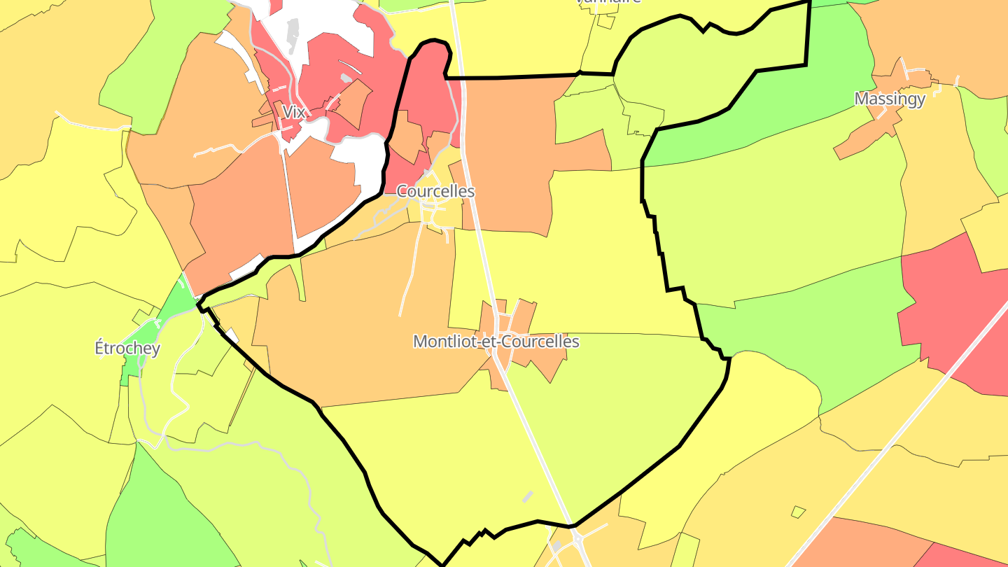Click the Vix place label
tap(295, 111)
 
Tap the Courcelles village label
tap(435, 191)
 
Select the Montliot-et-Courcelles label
tap(496, 342)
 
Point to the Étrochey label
tap(127, 348)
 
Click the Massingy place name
tap(890, 99)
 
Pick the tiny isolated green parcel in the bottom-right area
tap(798, 512)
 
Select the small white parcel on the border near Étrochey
tap(231, 335)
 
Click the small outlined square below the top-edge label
tap(605, 21)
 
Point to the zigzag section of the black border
tap(479, 535)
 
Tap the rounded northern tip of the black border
tap(434, 42)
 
